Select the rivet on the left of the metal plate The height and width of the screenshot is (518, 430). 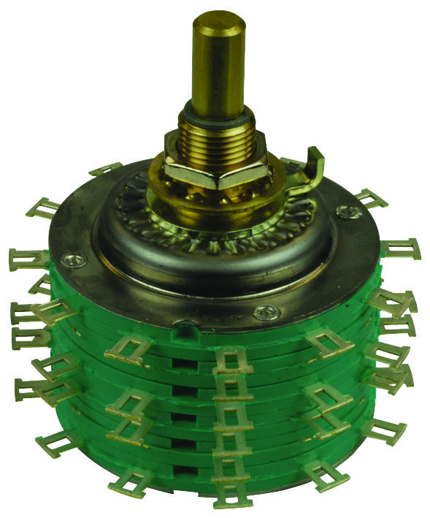pos(72,257)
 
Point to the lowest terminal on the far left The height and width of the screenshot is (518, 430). pos(53,442)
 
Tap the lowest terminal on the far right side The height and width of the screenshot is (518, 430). pos(380,432)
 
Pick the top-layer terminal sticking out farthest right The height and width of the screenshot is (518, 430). pos(401,249)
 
